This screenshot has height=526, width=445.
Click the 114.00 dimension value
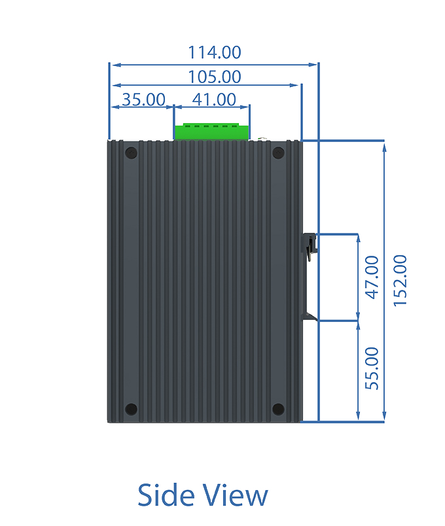[215, 52]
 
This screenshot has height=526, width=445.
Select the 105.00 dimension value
[215, 77]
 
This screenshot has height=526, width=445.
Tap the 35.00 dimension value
[143, 99]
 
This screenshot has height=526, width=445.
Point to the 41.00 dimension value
[214, 99]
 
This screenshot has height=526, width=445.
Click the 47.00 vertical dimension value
[372, 277]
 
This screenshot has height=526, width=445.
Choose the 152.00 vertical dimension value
[400, 281]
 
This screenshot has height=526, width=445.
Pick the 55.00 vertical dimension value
[372, 368]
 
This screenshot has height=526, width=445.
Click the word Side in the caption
[166, 495]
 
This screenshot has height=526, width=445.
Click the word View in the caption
[236, 495]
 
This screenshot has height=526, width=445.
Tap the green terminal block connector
[212, 131]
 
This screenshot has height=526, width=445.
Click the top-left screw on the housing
[132, 153]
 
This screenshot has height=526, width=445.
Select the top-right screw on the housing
[278, 153]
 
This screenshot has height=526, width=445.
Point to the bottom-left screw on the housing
[132, 410]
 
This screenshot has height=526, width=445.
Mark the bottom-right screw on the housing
[278, 410]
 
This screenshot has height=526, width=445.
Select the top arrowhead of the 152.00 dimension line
[384, 147]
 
